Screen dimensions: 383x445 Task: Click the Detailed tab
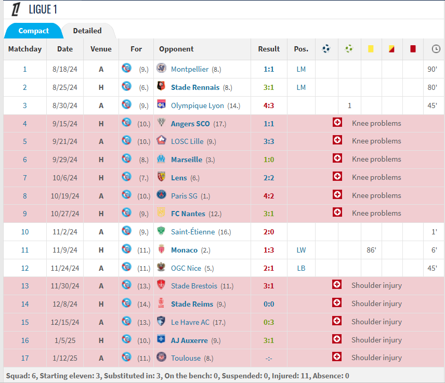(x=87, y=31)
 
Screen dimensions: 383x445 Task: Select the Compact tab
(x=34, y=31)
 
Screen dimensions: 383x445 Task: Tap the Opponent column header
(x=176, y=49)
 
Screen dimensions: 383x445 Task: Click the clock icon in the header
(x=436, y=49)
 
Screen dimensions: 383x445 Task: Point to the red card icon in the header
(x=413, y=49)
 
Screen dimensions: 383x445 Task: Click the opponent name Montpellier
(x=189, y=69)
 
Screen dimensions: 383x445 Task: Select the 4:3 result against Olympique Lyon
(x=269, y=105)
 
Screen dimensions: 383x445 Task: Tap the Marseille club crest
(x=161, y=159)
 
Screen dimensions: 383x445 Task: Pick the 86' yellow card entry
(x=371, y=250)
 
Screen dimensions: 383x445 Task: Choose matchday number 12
(x=25, y=268)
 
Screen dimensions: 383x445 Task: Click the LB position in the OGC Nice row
(x=301, y=268)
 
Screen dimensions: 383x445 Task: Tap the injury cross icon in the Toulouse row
(x=337, y=357)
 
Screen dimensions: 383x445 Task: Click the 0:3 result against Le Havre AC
(x=269, y=322)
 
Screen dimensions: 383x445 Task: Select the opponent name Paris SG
(x=185, y=196)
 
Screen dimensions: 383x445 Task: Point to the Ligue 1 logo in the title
(x=16, y=9)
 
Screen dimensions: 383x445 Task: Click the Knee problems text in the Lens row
(x=376, y=178)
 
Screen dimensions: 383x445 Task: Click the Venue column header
(x=101, y=49)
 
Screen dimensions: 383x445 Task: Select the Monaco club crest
(x=161, y=250)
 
